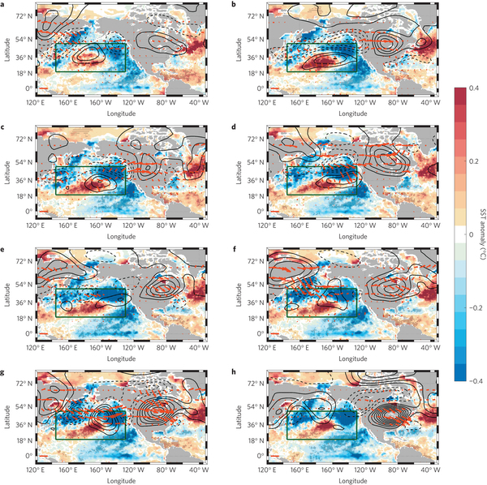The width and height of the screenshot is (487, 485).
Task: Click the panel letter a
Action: (x=4, y=5)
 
